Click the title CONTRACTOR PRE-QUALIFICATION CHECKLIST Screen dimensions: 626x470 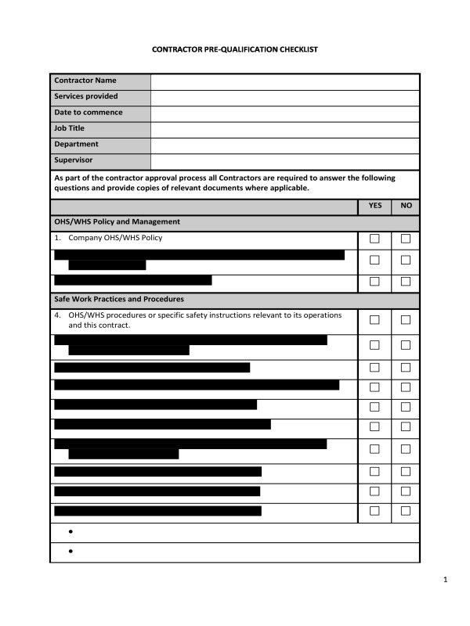[x=234, y=49]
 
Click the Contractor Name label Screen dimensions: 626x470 [x=85, y=81]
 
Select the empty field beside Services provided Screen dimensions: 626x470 [x=284, y=97]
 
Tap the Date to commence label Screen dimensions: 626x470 [x=88, y=113]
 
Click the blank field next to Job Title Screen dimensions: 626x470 [x=284, y=129]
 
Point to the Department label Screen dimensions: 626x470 [x=76, y=145]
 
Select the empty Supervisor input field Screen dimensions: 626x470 [x=284, y=161]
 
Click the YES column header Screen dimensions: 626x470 [x=374, y=206]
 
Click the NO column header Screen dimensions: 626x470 [x=405, y=206]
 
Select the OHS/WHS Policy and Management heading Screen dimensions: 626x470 [x=117, y=222]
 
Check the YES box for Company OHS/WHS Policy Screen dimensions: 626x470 [x=374, y=239]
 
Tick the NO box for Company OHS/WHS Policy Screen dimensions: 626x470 [x=406, y=239]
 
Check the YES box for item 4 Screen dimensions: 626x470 [x=374, y=320]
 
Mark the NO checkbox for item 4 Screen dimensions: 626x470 [x=406, y=320]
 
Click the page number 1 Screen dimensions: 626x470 [x=444, y=580]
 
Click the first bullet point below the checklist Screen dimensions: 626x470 [x=70, y=532]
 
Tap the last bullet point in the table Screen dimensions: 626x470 [x=70, y=552]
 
